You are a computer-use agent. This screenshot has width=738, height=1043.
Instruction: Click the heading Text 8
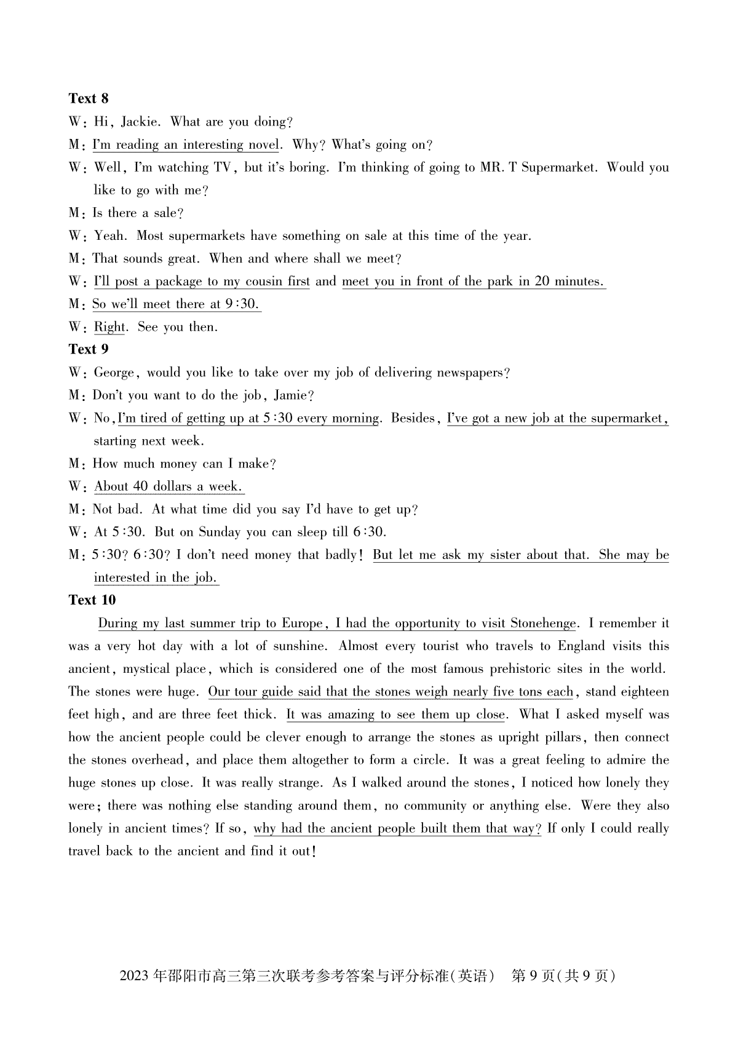coord(89,98)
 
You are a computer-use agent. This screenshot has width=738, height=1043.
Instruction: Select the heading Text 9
coord(89,349)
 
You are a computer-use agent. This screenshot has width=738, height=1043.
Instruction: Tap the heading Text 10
coord(92,600)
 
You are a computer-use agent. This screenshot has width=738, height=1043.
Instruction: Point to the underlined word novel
coord(263,145)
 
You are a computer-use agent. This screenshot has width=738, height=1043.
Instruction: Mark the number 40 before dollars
coord(140,486)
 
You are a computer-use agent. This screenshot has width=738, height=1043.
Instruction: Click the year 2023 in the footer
coord(135,976)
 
